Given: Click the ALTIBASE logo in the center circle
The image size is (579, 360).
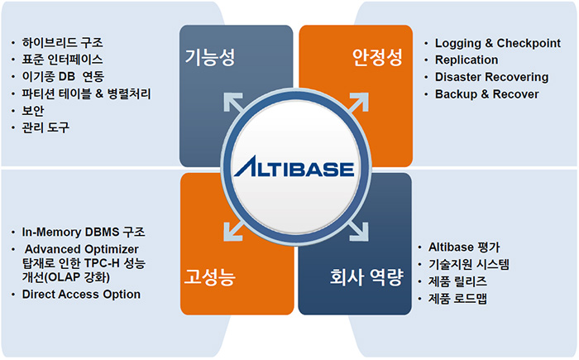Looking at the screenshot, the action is point(294,166).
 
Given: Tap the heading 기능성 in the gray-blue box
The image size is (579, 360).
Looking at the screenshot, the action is point(210,57).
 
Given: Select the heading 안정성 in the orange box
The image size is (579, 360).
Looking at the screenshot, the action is point(376,57).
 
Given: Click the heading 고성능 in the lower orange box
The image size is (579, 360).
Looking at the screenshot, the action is point(210,277).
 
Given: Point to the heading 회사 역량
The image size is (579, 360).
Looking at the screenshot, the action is point(366,277).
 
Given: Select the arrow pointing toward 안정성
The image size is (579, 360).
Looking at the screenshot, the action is point(358,103).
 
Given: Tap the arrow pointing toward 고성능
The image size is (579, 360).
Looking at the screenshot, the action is point(234,231).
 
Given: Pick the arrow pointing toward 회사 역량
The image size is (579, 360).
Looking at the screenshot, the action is point(358,231).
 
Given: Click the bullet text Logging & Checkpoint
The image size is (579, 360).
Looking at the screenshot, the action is point(497,43).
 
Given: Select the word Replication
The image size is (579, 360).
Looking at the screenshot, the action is point(467,60).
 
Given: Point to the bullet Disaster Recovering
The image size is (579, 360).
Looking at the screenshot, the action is point(491,77).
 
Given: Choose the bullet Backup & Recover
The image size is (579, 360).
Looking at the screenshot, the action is point(486,94).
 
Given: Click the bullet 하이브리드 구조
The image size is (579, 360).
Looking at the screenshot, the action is point(62,42).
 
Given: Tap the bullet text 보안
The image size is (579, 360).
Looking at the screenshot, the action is point(33,111).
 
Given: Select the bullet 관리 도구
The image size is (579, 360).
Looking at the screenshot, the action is point(45,127).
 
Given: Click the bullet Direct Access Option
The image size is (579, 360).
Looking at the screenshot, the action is point(81,295).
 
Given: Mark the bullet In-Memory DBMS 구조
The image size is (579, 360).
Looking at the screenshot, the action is point(84,232).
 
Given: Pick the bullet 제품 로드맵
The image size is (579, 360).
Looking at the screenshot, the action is point(457,299).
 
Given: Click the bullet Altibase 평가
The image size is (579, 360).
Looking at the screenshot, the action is point(464,247).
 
